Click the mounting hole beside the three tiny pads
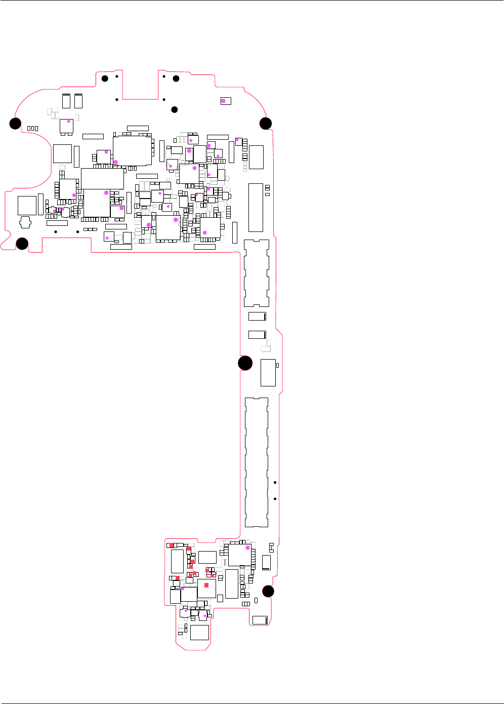pyautogui.click(x=15, y=123)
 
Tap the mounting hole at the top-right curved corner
pyautogui.click(x=266, y=123)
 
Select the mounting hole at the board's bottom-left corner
pyautogui.click(x=22, y=244)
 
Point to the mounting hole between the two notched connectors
pyautogui.click(x=245, y=363)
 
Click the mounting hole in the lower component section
pyautogui.click(x=268, y=591)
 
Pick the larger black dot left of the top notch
pyautogui.click(x=105, y=79)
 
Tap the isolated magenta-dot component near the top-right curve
pyautogui.click(x=226, y=101)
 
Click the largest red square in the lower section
pyautogui.click(x=206, y=585)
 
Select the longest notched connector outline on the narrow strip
pyautogui.click(x=257, y=462)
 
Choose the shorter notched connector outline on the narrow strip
pyautogui.click(x=257, y=273)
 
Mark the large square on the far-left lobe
pyautogui.click(x=27, y=205)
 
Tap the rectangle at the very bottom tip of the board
pyautogui.click(x=199, y=632)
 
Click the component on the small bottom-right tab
pyautogui.click(x=260, y=620)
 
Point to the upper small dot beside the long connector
pyautogui.click(x=275, y=482)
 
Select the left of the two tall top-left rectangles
pyautogui.click(x=66, y=101)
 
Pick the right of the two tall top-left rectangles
pyautogui.click(x=78, y=101)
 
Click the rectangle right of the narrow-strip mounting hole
pyautogui.click(x=268, y=372)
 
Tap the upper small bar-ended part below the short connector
pyautogui.click(x=257, y=317)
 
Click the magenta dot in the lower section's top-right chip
pyautogui.click(x=247, y=547)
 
